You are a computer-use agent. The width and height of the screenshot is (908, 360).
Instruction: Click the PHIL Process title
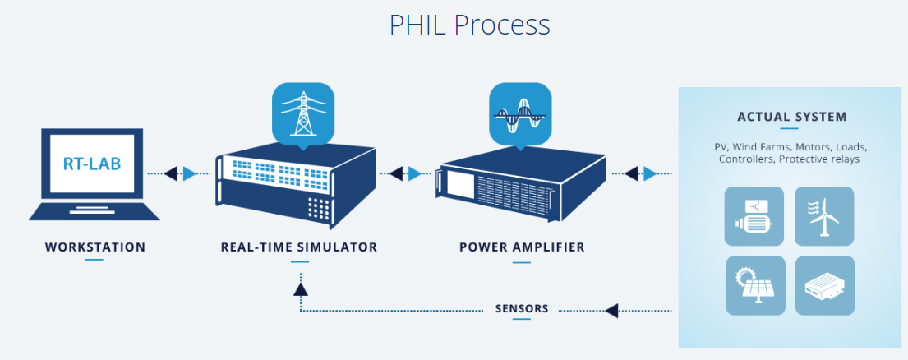tap(469, 25)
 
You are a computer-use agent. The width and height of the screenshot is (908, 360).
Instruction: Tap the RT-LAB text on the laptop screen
tap(92, 164)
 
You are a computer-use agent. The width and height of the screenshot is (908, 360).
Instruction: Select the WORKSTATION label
tap(94, 247)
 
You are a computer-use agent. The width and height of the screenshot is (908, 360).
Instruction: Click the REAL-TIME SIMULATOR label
tap(299, 247)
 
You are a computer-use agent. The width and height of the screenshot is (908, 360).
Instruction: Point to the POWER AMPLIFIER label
tap(522, 247)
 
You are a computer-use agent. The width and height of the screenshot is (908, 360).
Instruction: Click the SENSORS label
tap(522, 310)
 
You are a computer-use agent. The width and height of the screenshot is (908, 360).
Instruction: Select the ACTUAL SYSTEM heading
tap(791, 117)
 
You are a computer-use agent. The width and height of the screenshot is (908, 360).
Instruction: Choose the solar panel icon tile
tap(754, 285)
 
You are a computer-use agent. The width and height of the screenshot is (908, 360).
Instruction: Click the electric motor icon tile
tap(754, 216)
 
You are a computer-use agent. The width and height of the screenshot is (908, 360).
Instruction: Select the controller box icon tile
tap(825, 285)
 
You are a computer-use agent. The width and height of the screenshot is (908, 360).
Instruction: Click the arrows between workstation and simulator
tap(181, 173)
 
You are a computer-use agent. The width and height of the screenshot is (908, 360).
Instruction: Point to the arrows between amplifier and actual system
tap(641, 173)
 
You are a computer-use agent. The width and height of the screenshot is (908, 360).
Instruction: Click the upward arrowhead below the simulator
tap(300, 288)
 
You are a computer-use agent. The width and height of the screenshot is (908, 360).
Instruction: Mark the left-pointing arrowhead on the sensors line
tap(611, 310)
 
